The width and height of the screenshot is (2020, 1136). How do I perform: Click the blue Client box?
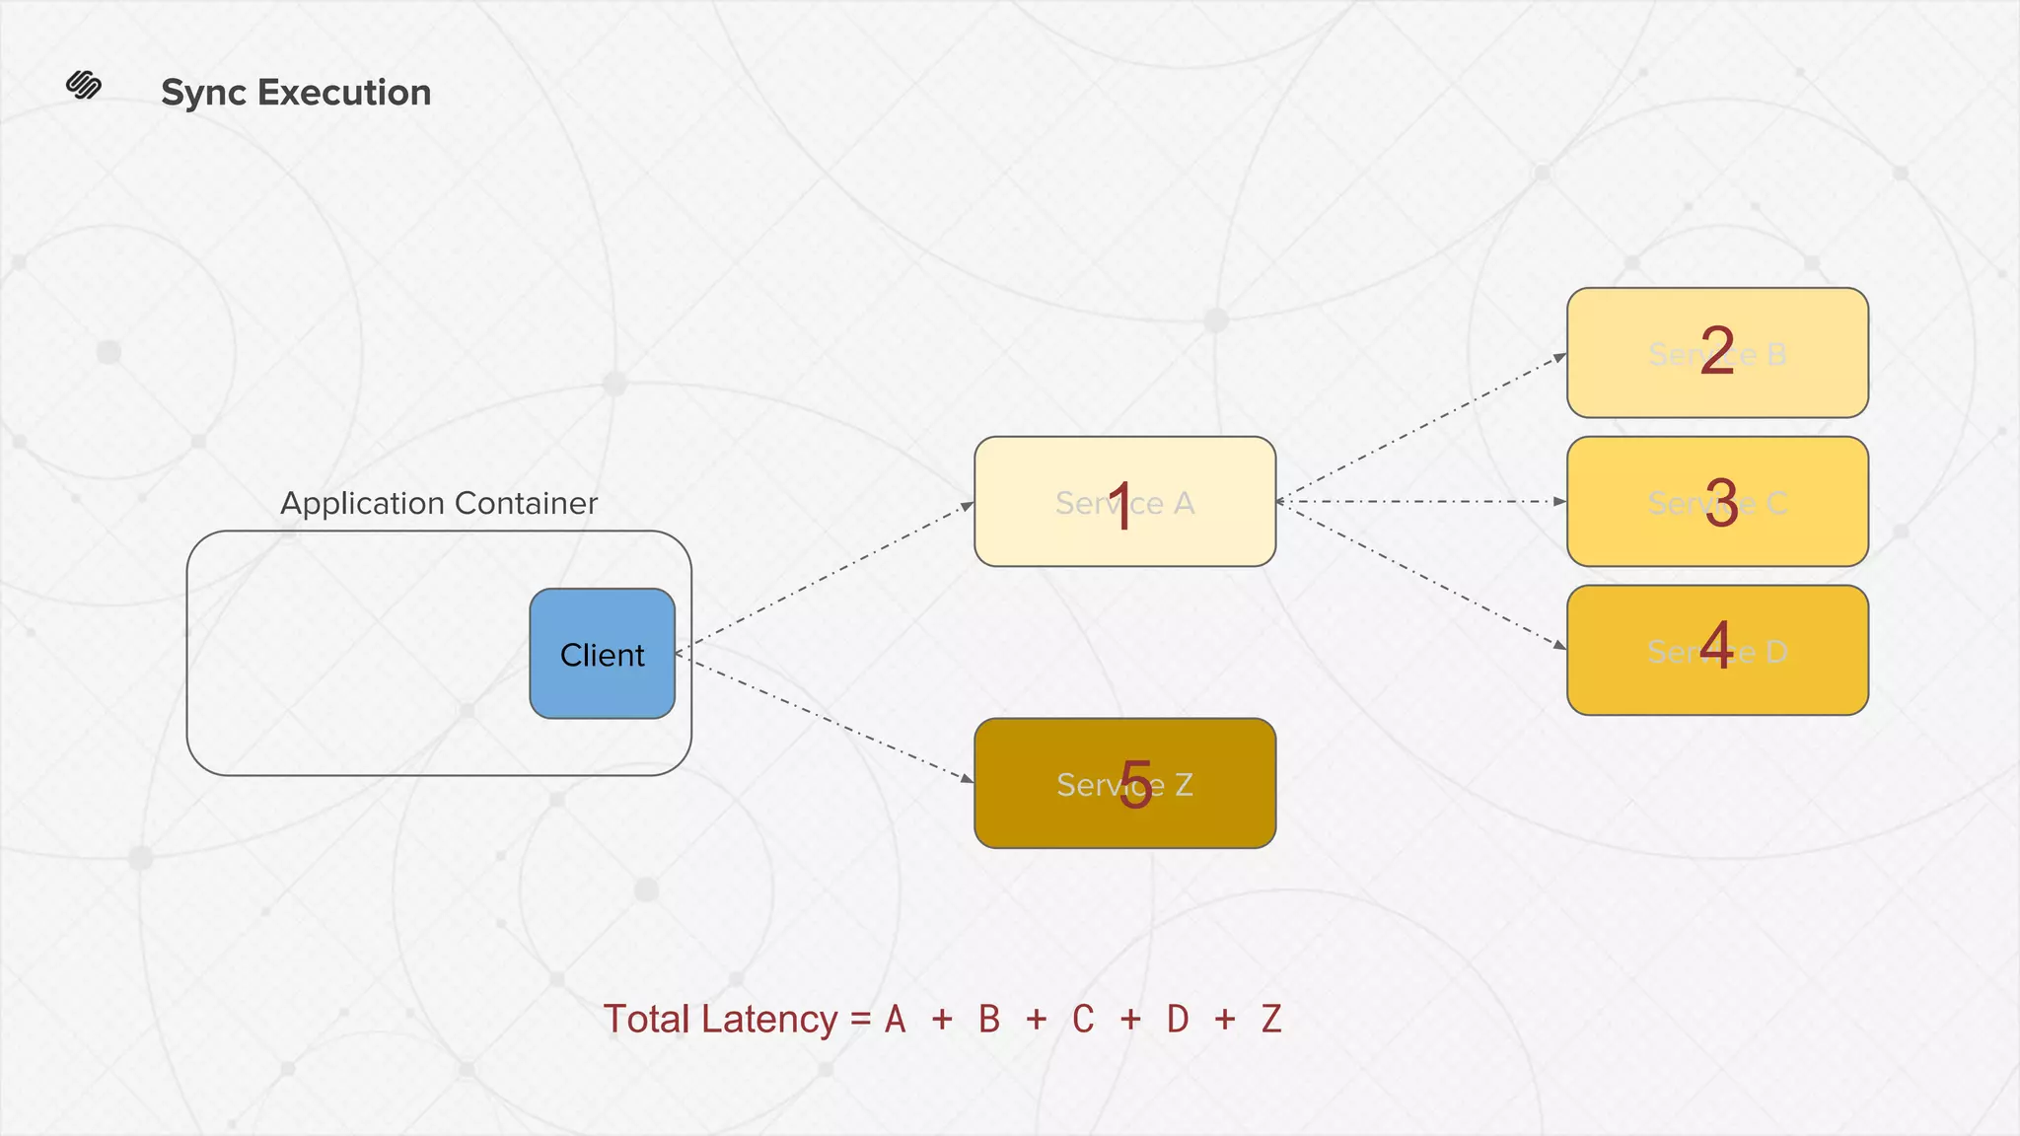tap(602, 654)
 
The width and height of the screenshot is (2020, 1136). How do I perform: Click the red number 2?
tap(1717, 350)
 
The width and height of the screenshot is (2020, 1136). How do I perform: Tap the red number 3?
tap(1721, 503)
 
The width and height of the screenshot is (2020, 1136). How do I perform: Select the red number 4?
tap(1717, 646)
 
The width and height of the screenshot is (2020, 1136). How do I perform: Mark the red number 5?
tap(1135, 785)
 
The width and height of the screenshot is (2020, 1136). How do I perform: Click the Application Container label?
tap(439, 503)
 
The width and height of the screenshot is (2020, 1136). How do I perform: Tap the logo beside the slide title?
tap(84, 86)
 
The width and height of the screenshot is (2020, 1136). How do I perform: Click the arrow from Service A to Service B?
tap(1420, 427)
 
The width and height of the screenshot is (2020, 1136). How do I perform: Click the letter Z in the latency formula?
tap(1271, 1020)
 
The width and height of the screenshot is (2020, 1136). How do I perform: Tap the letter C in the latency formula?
tap(1083, 1020)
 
